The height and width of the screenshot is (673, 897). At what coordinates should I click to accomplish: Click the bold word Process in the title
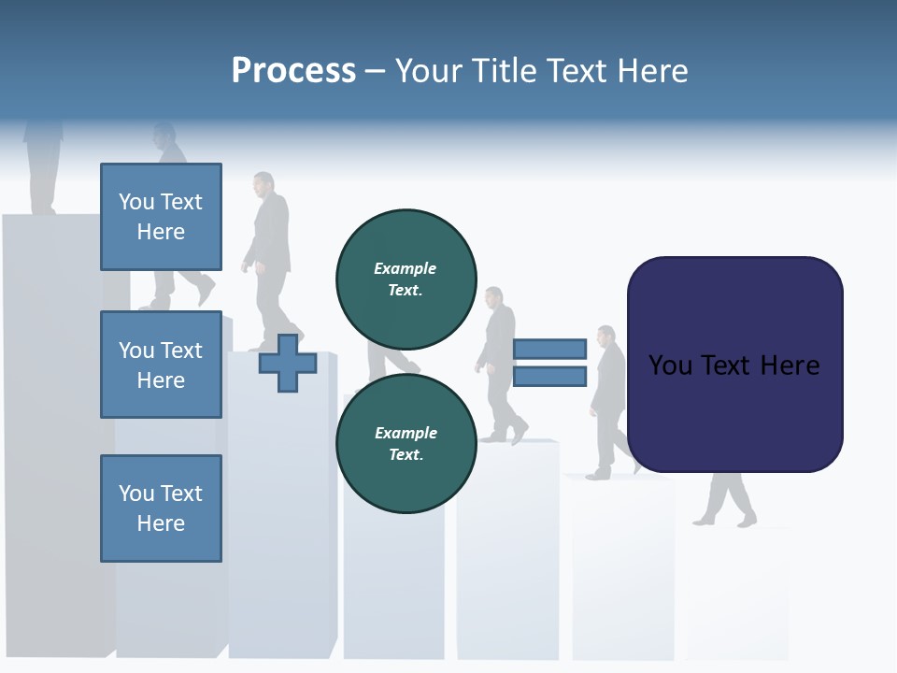pyautogui.click(x=293, y=70)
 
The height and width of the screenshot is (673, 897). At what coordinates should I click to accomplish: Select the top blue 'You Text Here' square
pyautogui.click(x=161, y=217)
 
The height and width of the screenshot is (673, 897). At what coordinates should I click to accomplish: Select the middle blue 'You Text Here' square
pyautogui.click(x=161, y=365)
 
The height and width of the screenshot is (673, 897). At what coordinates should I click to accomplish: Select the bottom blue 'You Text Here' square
pyautogui.click(x=161, y=508)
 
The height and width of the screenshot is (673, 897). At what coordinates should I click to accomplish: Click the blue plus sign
pyautogui.click(x=288, y=363)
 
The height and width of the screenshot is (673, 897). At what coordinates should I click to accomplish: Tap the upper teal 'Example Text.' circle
pyautogui.click(x=406, y=279)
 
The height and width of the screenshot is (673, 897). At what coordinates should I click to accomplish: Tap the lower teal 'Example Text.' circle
pyautogui.click(x=406, y=444)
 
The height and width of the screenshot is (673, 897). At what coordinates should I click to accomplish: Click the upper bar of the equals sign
pyautogui.click(x=549, y=349)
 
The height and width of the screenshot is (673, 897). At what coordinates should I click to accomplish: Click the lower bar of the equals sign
pyautogui.click(x=549, y=377)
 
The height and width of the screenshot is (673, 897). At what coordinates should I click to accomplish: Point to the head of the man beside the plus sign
pyautogui.click(x=263, y=182)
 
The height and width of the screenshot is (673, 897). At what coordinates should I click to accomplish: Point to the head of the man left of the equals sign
pyautogui.click(x=493, y=298)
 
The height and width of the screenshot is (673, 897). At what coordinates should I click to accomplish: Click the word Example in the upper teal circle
pyautogui.click(x=405, y=268)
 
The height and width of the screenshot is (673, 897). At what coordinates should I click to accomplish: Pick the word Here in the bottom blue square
pyautogui.click(x=161, y=523)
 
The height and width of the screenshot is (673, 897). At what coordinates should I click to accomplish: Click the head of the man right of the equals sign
pyautogui.click(x=606, y=336)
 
